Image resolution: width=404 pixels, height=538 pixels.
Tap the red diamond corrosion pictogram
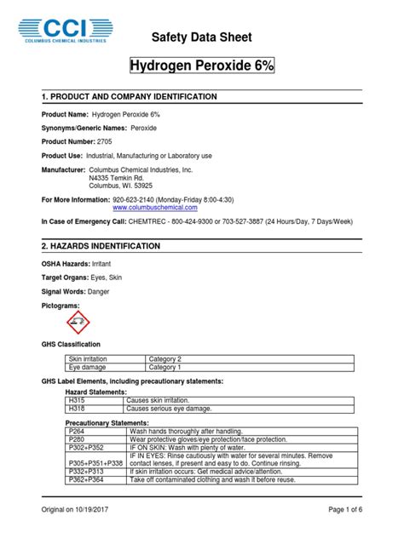pyautogui.click(x=77, y=324)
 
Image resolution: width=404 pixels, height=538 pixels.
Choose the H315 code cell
pyautogui.click(x=76, y=399)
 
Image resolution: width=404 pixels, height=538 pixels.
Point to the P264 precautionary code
pyautogui.click(x=77, y=431)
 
